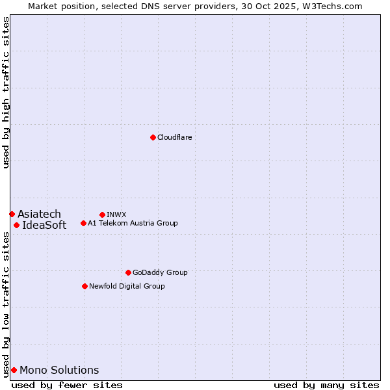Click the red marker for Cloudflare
(153, 137)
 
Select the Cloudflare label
(174, 137)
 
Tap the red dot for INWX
(102, 214)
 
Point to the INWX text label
(116, 214)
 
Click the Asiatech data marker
(12, 214)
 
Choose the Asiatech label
(39, 214)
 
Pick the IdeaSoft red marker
(16, 225)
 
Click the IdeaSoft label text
(44, 226)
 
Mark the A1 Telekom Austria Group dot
(83, 223)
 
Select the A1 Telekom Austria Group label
(133, 223)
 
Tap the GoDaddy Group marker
(128, 272)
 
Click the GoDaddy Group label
(160, 272)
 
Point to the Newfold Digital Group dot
(84, 286)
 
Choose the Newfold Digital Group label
(127, 286)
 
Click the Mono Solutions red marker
(14, 370)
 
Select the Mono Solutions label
(59, 370)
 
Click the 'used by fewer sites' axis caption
(67, 385)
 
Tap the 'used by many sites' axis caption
(326, 385)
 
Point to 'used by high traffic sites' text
(6, 92)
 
